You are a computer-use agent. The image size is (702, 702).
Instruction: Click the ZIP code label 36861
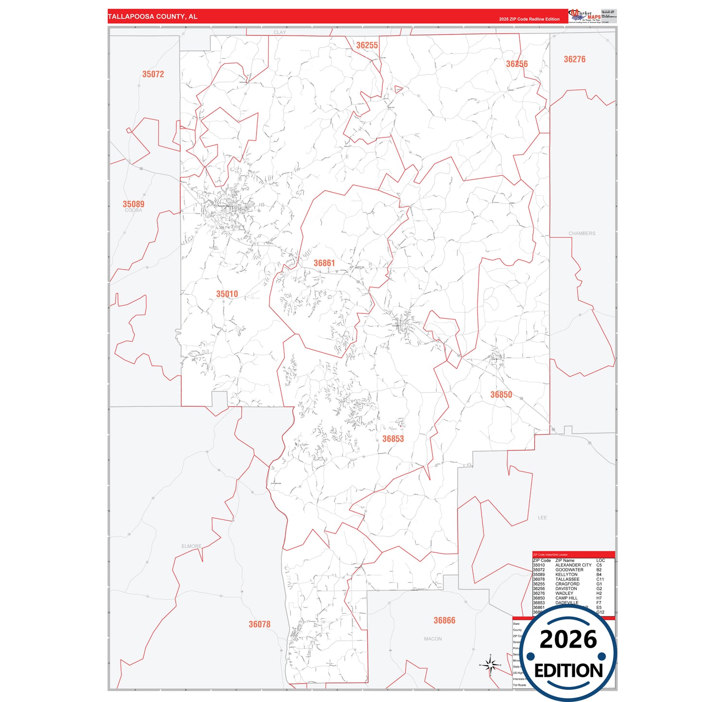(x=324, y=263)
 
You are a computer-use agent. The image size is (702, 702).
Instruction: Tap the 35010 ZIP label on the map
(x=227, y=294)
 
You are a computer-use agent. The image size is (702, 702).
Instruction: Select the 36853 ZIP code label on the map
(x=393, y=439)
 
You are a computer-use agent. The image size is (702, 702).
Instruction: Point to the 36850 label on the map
(x=501, y=394)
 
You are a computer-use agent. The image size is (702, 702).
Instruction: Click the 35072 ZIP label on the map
(x=153, y=74)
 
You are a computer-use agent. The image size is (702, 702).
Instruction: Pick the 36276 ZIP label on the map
(x=574, y=59)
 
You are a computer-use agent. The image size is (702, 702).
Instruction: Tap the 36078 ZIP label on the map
(x=259, y=624)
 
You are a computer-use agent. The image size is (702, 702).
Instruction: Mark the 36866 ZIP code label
(x=445, y=620)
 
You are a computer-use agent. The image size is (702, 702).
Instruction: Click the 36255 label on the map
(x=367, y=45)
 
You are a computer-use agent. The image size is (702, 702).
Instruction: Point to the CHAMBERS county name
(x=582, y=233)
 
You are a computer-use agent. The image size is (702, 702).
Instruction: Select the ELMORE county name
(x=191, y=546)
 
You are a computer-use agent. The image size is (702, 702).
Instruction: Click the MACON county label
(x=433, y=639)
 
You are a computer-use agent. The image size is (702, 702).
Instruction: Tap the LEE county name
(x=542, y=517)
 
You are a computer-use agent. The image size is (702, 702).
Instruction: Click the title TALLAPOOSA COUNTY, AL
(x=153, y=17)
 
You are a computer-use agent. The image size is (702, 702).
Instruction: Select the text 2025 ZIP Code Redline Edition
(x=529, y=19)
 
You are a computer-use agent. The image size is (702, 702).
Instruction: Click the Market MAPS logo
(x=585, y=16)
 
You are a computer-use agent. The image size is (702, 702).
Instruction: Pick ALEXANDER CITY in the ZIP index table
(x=573, y=565)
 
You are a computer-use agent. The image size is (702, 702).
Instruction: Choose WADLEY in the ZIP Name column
(x=564, y=593)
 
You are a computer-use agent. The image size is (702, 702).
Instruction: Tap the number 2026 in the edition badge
(x=568, y=639)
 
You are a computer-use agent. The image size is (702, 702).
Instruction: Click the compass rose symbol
(x=490, y=665)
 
